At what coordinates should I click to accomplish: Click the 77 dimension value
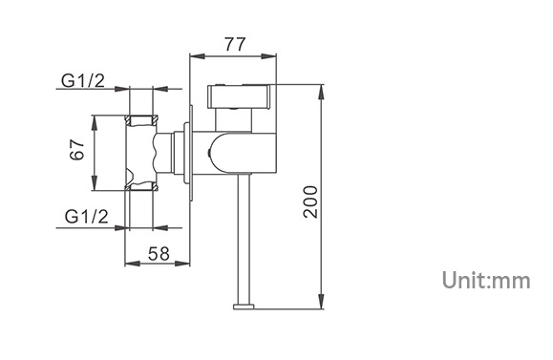tap(235, 45)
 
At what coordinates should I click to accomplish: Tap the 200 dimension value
tap(310, 201)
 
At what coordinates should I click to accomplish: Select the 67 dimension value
tap(77, 150)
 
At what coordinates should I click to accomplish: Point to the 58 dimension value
tap(159, 253)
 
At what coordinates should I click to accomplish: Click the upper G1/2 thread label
tap(83, 81)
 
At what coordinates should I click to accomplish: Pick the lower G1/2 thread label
tap(86, 216)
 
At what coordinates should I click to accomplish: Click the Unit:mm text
tap(486, 281)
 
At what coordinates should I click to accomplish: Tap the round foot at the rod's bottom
tap(244, 307)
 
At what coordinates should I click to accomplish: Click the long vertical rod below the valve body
tap(245, 239)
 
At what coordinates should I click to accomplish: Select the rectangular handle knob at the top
tap(239, 96)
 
